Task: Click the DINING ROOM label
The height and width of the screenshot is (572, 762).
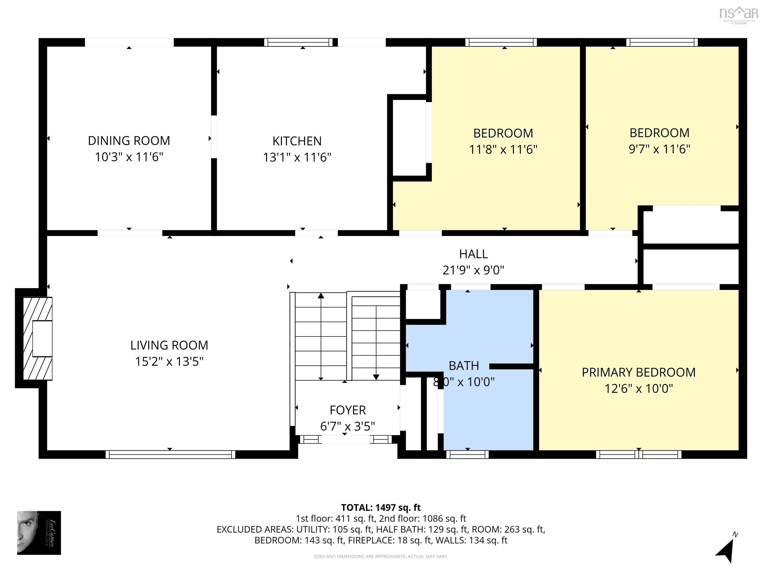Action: (x=129, y=141)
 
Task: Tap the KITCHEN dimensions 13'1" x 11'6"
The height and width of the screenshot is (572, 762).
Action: (x=297, y=157)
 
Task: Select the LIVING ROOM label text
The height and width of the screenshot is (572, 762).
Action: (x=169, y=345)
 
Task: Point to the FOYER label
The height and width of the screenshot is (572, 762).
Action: (x=347, y=410)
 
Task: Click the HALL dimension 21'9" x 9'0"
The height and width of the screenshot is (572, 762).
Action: (x=473, y=270)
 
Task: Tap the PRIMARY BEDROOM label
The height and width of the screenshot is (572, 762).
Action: (x=638, y=372)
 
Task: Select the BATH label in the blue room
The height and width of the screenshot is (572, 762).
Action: (x=463, y=365)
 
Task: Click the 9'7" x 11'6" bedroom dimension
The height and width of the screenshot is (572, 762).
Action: (x=659, y=149)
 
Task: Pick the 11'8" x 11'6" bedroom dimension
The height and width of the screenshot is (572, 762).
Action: (x=503, y=149)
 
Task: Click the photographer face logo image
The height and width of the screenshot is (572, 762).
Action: (x=39, y=533)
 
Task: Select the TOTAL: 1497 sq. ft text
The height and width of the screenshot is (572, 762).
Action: (x=381, y=507)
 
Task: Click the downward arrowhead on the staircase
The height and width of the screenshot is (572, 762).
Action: (x=376, y=377)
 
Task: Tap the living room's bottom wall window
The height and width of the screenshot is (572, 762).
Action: (x=170, y=454)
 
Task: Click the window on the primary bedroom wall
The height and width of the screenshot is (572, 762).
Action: (x=638, y=454)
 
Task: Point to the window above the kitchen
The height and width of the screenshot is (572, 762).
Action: (x=298, y=42)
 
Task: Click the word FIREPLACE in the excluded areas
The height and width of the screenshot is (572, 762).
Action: (x=371, y=540)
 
